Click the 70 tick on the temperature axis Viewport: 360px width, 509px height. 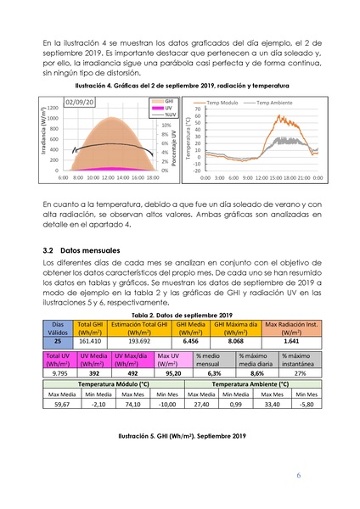pyautogui.click(x=196, y=109)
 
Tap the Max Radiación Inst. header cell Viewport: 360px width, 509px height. pyautogui.click(x=292, y=328)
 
